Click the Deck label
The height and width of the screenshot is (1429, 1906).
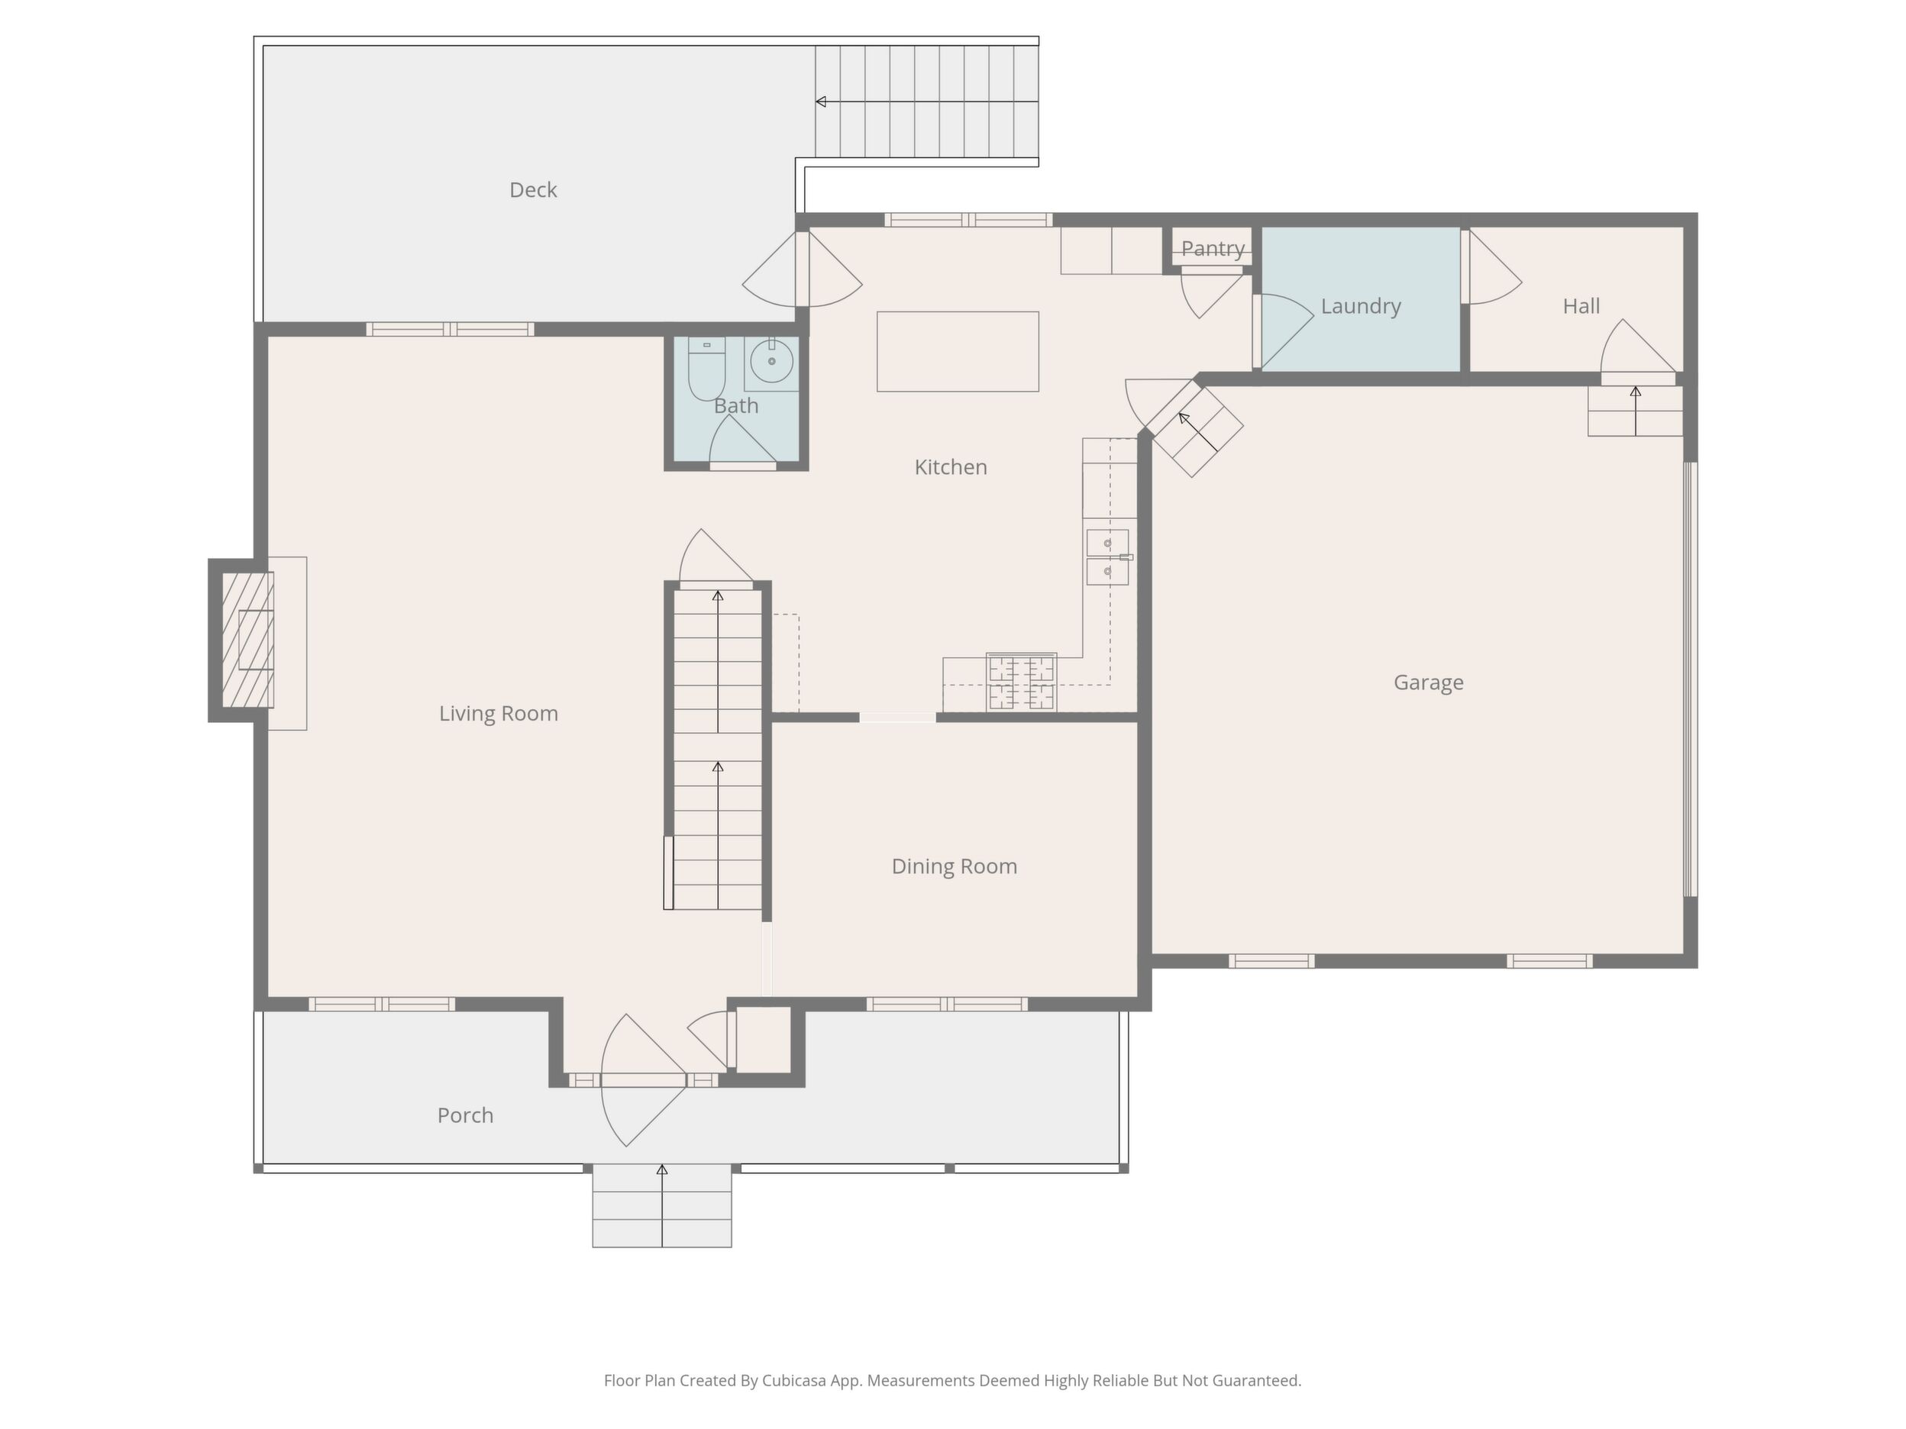click(x=532, y=189)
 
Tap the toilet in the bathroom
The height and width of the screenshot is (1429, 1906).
click(x=706, y=369)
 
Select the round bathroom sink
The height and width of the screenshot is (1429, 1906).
click(x=771, y=361)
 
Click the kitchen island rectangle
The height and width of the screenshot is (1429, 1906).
click(x=958, y=351)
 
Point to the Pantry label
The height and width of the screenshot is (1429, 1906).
click(x=1213, y=248)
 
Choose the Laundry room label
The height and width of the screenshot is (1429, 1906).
click(x=1361, y=306)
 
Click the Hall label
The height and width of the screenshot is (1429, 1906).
click(x=1581, y=306)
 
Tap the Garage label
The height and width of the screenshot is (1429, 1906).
click(x=1428, y=682)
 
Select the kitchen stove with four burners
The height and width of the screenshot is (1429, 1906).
click(x=1021, y=682)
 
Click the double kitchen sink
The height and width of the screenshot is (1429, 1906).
click(x=1107, y=557)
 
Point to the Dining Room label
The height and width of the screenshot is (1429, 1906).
click(x=954, y=866)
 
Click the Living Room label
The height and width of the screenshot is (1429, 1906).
click(x=498, y=713)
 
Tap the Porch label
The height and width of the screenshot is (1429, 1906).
click(x=465, y=1114)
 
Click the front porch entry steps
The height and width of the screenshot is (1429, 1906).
click(x=662, y=1205)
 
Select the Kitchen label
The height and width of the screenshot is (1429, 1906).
click(x=951, y=467)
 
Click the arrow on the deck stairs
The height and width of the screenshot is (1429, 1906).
click(x=927, y=102)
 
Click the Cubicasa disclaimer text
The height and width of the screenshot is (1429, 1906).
click(x=952, y=1381)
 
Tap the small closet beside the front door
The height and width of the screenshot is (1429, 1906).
click(x=764, y=1040)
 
